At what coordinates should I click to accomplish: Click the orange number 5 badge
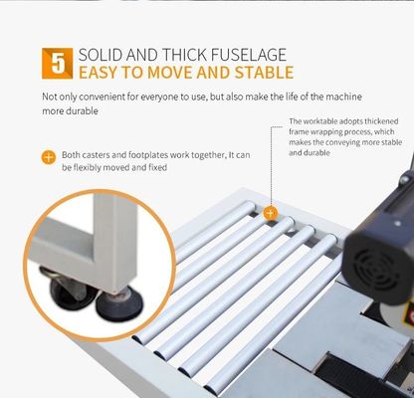[x=57, y=64]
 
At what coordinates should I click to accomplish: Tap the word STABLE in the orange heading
[x=265, y=73]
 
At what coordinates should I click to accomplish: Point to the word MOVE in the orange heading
[x=170, y=73]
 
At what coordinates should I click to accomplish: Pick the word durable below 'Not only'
[x=82, y=110]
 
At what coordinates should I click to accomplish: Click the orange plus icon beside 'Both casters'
[x=49, y=157]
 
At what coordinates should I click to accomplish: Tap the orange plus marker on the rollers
[x=271, y=213]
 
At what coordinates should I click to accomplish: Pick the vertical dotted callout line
[x=272, y=166]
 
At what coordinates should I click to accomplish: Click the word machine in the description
[x=343, y=97]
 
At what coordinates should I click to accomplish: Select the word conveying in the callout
[x=346, y=142]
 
